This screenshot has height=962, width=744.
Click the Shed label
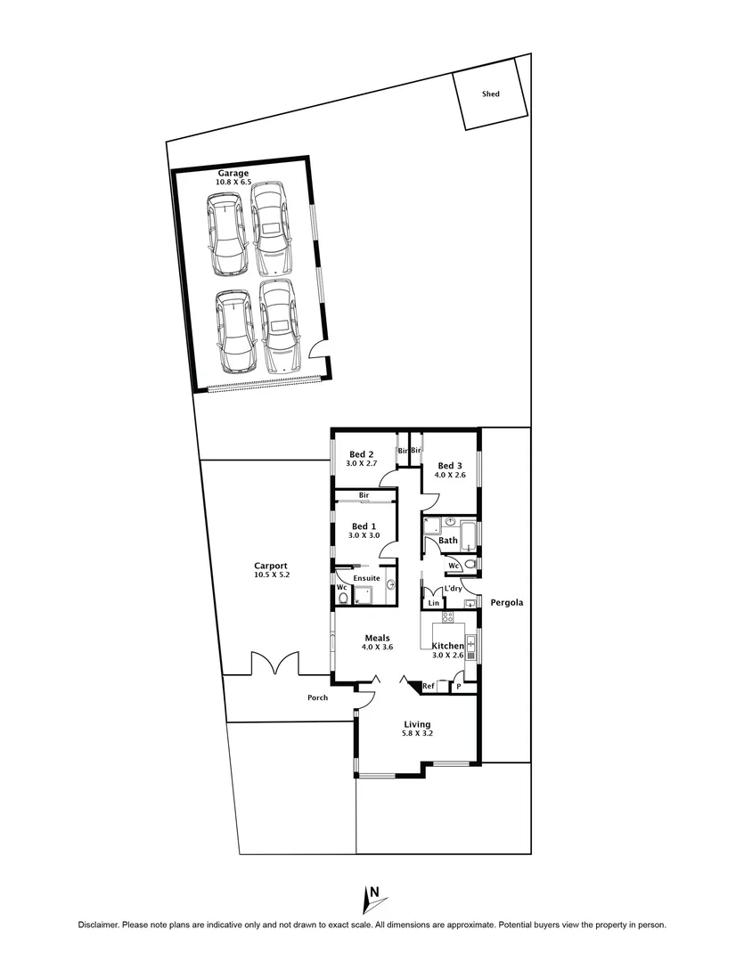pos(490,94)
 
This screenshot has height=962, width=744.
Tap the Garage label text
pos(233,173)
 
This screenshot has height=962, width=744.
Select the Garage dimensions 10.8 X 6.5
pos(233,182)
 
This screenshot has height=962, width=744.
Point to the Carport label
pos(270,566)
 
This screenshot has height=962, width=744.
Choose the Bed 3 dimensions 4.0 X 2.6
pos(450,475)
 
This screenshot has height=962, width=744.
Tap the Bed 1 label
pos(364,526)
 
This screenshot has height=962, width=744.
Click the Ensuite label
pos(366,578)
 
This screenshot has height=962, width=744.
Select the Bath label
pos(448,541)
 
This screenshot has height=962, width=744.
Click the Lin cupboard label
pos(434,603)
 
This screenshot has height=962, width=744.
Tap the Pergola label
pos(506,603)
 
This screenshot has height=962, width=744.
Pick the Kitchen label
pos(447,646)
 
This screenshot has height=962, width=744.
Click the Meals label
pos(378,637)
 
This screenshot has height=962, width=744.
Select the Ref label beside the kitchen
pos(429,686)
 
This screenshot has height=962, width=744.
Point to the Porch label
pos(317,697)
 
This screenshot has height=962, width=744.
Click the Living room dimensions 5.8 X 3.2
pos(416,735)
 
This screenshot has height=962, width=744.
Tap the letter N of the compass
pos(376,892)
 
